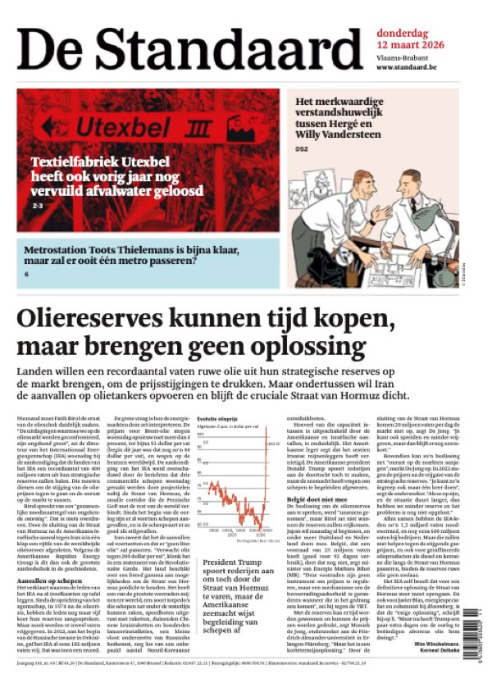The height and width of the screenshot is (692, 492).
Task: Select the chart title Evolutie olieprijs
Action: [217, 418]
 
